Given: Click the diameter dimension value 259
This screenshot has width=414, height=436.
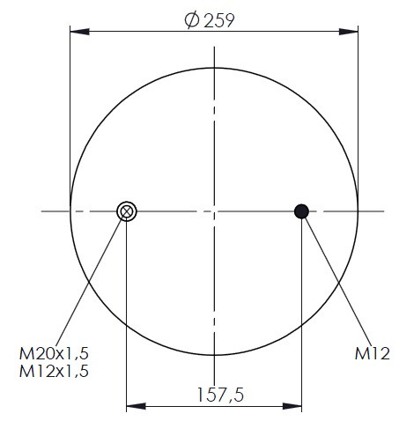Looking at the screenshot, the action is pos(219,20).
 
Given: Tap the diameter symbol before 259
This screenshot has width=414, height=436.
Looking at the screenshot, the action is pos(192,20).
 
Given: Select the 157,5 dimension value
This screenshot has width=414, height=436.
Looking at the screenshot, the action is pos(220,395).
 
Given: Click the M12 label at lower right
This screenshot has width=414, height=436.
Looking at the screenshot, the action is pos(373,353).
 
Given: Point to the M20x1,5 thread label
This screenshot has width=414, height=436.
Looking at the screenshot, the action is pos(54,353).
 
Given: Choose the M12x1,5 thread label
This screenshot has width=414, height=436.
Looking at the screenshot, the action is pos(54,371).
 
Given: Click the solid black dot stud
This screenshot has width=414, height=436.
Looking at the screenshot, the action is pos(301,211).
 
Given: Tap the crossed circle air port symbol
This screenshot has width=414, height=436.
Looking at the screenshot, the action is pos(127,211).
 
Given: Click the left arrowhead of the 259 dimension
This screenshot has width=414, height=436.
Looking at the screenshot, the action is pos(79,32).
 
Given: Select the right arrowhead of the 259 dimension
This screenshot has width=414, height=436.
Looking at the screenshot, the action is pos(349,32).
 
